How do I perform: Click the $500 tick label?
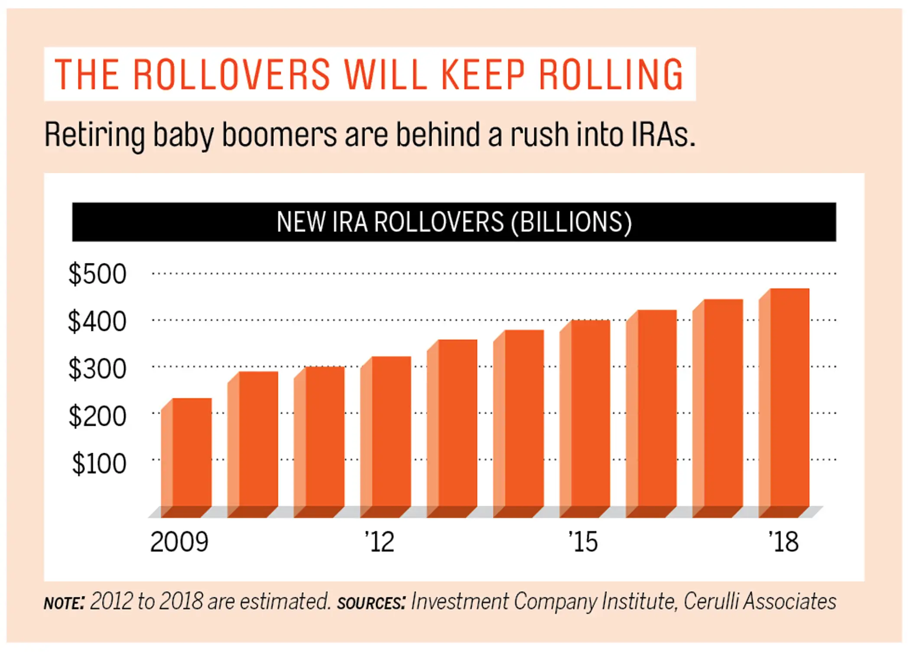[97, 274]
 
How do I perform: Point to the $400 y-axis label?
[97, 321]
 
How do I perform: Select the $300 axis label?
[97, 369]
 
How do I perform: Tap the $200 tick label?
[97, 416]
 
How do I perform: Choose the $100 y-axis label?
[99, 464]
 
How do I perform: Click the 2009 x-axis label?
[179, 542]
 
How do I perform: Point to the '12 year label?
[380, 542]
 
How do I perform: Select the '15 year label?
[583, 542]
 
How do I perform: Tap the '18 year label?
[783, 542]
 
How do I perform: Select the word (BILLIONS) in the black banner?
[571, 222]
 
